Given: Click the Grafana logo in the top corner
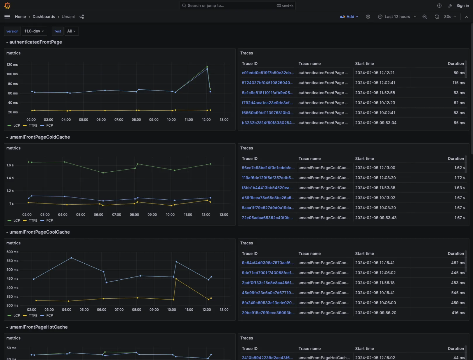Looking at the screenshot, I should coord(7,6).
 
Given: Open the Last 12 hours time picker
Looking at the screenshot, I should coord(397,17).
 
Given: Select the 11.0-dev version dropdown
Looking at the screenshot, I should coord(34,31).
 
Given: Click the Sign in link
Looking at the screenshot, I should coord(462,6).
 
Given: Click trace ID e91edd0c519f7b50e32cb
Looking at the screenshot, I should coord(267,73).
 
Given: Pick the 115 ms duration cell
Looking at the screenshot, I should coord(458,83).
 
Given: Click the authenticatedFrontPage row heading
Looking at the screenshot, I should coord(36,42).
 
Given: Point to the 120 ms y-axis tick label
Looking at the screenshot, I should coord(12,65).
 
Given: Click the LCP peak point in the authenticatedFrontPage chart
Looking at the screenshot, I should coord(207,67).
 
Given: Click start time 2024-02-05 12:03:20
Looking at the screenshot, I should coord(375,178).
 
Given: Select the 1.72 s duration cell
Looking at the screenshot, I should coord(460,178).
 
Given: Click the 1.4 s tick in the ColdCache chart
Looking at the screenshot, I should coord(10,178).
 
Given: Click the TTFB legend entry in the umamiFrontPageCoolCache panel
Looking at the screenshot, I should coord(33,316).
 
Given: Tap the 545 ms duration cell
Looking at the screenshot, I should coord(458,293).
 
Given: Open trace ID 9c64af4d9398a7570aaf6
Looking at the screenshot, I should coord(267,263).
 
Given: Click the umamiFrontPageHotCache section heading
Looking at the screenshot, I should coord(38,327).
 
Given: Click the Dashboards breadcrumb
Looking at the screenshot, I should coord(44,17).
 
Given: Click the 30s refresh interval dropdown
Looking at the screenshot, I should coord(450,17).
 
